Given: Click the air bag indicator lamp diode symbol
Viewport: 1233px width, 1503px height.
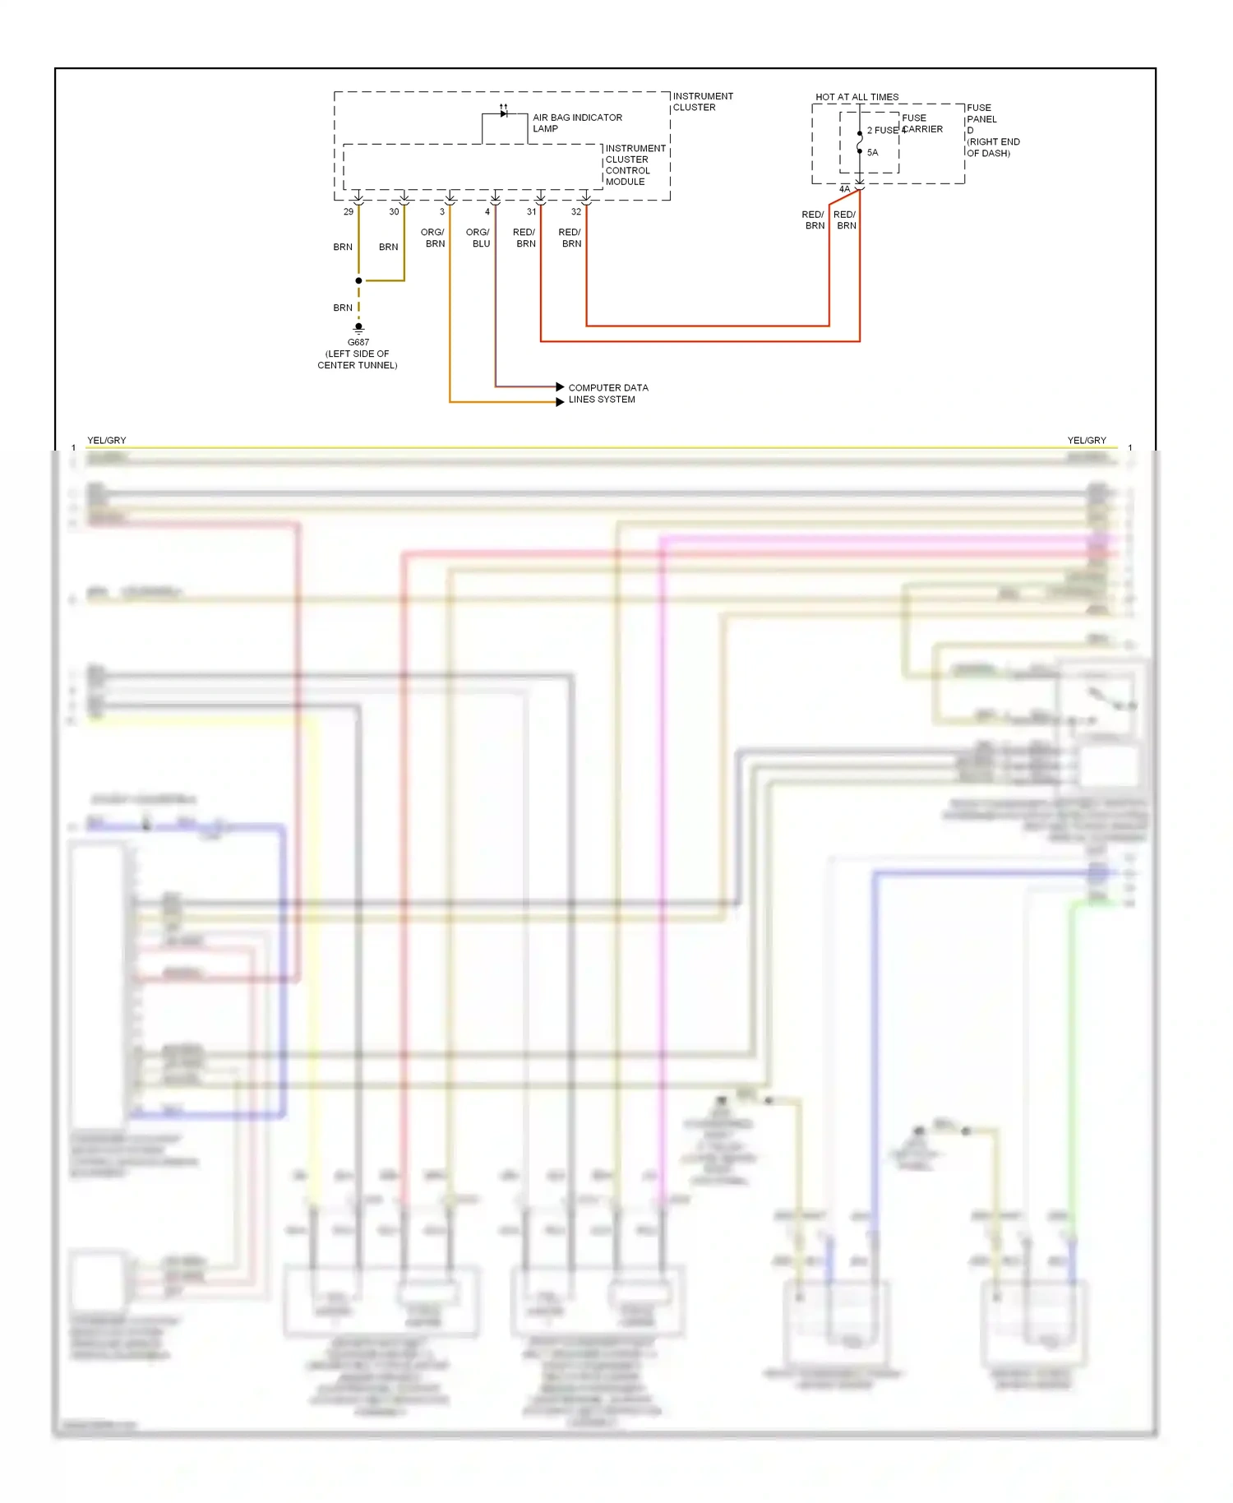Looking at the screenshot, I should point(504,113).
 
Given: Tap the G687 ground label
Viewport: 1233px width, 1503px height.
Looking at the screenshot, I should point(358,342).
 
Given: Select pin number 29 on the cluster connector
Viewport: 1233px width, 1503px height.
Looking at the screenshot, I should point(349,212).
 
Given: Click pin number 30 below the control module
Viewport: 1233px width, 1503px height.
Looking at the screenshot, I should point(394,212).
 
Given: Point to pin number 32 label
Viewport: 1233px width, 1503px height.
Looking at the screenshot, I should point(576,212).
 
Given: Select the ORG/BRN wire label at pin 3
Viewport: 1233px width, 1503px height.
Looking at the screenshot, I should point(433,238).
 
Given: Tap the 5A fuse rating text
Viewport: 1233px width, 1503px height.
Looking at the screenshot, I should point(872,153).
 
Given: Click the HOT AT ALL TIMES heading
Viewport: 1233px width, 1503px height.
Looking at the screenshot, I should point(857,97).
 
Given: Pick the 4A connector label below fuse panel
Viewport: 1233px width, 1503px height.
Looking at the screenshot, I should point(844,189).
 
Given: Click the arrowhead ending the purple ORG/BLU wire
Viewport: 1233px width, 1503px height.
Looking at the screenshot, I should point(560,386).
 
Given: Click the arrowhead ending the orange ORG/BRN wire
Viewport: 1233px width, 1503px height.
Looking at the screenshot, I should point(560,402).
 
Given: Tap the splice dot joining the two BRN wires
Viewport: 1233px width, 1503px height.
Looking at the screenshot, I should point(358,280).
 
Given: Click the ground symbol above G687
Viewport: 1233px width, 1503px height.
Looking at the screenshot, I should point(358,328).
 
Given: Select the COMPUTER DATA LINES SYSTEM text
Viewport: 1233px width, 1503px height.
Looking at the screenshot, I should point(608,393).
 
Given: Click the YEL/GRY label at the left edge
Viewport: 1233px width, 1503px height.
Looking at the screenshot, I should point(107,441).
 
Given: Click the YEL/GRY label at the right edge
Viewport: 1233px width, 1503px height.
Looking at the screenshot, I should point(1087,441).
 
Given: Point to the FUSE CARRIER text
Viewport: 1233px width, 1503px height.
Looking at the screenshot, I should point(922,123).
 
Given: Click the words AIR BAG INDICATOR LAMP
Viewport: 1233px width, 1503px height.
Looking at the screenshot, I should point(577,123).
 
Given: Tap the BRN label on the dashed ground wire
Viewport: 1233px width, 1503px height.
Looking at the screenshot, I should point(343,308).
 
